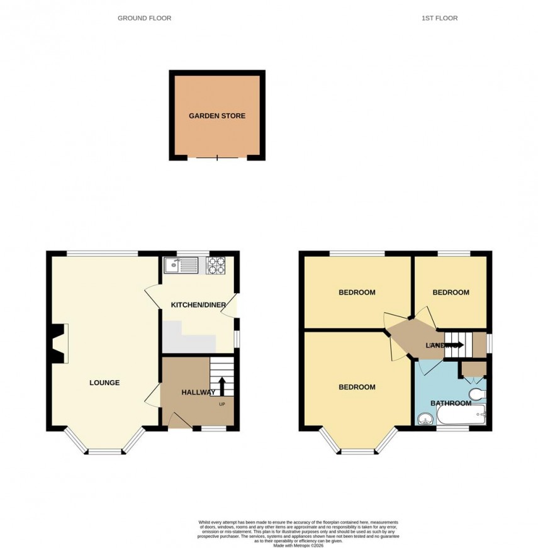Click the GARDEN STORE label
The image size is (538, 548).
217,116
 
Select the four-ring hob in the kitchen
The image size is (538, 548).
216,265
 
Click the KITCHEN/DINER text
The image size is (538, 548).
198,305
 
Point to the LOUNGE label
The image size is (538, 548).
104,383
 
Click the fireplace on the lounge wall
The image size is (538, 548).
59,344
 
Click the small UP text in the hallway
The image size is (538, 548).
221,404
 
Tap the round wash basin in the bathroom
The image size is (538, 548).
425,418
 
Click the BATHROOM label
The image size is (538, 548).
451,403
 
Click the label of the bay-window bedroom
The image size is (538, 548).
357,387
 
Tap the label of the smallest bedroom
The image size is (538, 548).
451,293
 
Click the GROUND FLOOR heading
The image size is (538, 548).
144,18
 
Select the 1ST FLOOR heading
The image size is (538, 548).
439,18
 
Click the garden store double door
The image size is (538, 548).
217,157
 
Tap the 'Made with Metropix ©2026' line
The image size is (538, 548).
298,545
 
